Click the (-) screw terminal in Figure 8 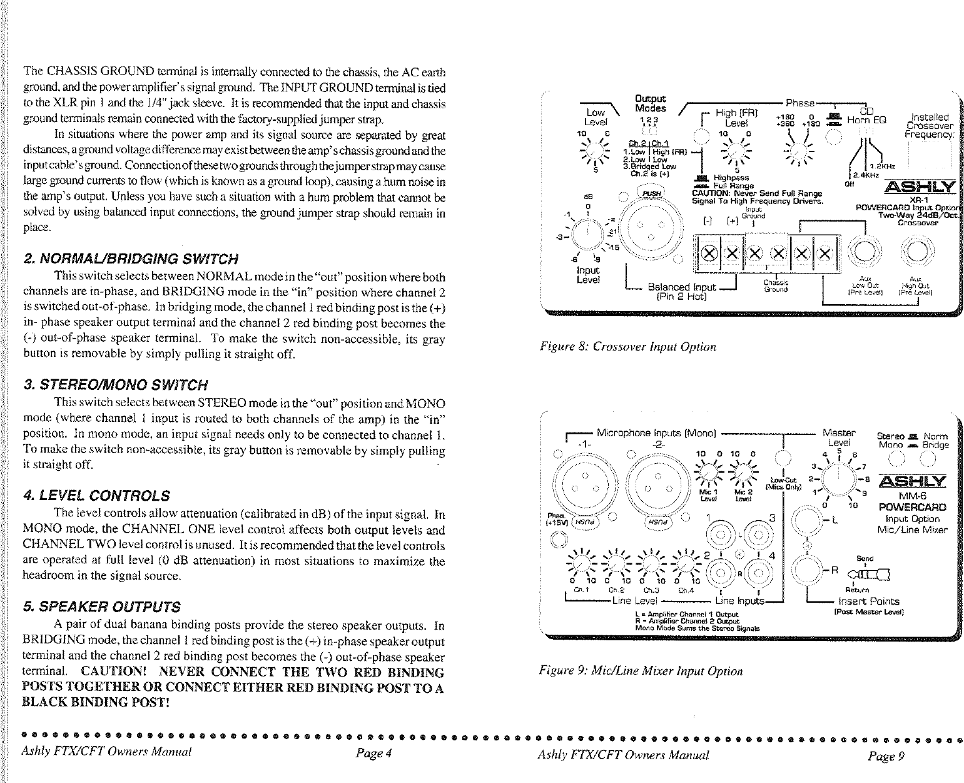709,253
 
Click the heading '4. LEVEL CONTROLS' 95,496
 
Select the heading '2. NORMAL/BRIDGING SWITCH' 130,259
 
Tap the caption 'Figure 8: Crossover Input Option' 627,347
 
